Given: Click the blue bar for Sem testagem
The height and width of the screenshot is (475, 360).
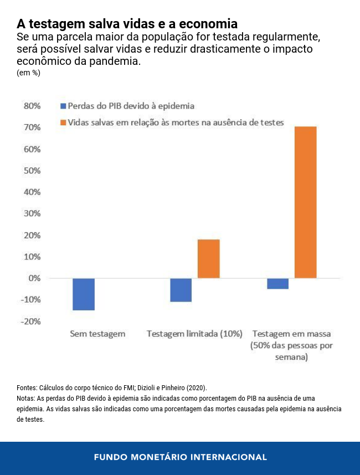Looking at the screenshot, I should coord(84,294).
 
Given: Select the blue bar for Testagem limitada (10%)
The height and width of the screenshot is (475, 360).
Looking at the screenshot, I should coord(181,290).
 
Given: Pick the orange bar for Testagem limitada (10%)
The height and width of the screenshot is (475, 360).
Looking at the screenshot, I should coord(209,258).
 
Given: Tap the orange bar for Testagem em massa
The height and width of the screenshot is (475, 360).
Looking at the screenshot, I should coord(305,202).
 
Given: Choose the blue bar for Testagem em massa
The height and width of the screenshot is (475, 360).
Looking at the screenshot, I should coord(277,283).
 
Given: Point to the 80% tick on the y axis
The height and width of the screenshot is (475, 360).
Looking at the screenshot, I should coord(32,106).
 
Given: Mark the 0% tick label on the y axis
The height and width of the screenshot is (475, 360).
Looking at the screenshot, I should coord(34,278).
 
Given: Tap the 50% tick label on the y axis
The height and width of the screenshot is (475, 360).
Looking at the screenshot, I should coord(32,171).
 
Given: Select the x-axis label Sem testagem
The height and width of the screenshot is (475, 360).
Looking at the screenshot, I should coord(97,334).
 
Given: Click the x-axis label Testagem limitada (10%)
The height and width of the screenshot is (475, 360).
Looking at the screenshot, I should coord(194,334).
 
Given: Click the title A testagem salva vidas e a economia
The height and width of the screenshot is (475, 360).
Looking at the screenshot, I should coord(127,24).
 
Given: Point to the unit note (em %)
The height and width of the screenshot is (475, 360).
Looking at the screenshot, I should coord(28,73).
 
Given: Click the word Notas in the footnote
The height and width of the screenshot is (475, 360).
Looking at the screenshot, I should coord(26,399).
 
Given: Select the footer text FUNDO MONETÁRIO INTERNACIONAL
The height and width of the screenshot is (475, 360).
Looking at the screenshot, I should coord(180,457).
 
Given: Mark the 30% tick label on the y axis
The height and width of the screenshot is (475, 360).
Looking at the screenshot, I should coord(32,214).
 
